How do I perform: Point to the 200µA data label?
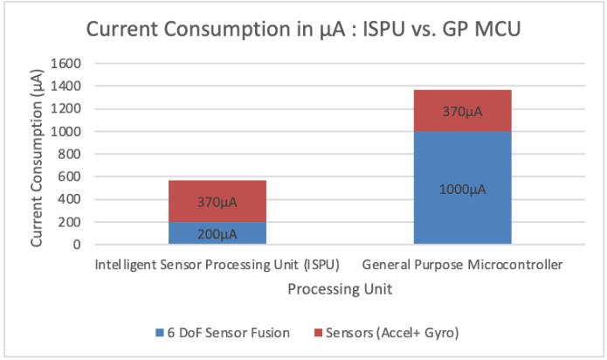point(217,234)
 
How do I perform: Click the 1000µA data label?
point(462,187)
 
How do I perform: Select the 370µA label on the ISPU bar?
point(217,203)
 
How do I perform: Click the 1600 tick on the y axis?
point(67,64)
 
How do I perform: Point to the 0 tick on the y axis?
point(77,245)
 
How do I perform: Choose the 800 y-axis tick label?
point(70,154)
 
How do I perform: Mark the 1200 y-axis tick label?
point(67,109)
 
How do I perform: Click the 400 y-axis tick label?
point(70,199)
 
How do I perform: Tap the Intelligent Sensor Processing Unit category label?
point(217,264)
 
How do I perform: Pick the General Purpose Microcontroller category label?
point(462,264)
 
